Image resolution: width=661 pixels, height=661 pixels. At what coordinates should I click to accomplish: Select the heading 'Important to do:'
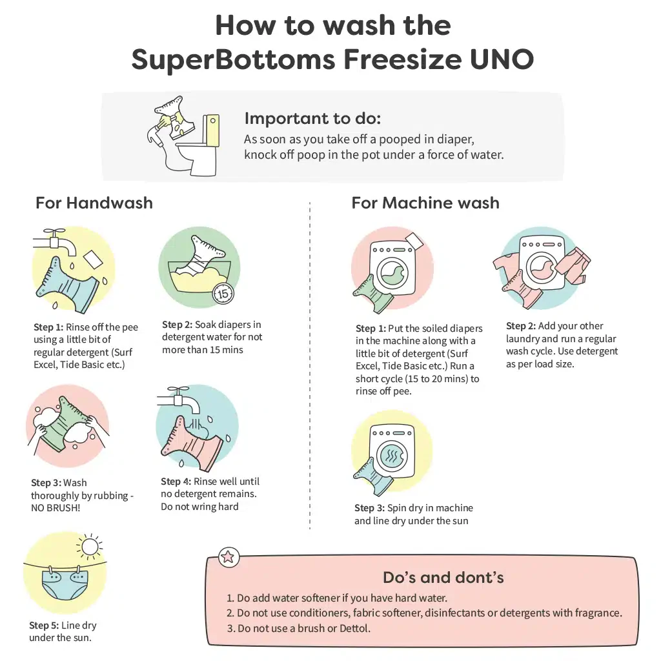pos(312,119)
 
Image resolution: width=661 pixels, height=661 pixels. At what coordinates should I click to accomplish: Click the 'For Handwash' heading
pos(94,203)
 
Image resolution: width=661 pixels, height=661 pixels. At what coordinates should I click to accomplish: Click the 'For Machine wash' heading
pos(425,203)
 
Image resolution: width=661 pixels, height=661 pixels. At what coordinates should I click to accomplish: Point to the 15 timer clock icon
pos(223,294)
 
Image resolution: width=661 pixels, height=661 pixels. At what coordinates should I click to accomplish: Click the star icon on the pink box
pos(229,557)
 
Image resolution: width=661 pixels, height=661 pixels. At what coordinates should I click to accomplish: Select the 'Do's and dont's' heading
pos(443,577)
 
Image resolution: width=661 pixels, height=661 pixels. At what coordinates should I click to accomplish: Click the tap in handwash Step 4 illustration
pos(178,400)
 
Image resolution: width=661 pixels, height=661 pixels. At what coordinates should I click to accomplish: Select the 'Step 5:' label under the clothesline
pos(45,625)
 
